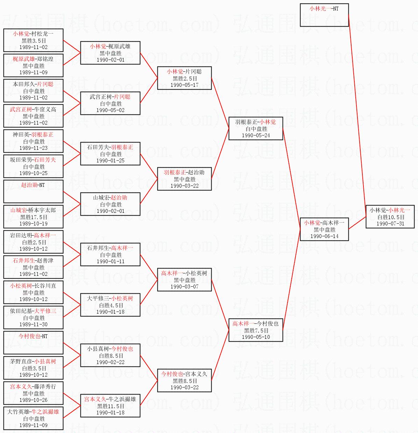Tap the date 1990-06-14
click(x=324, y=236)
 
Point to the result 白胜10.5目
click(x=391, y=217)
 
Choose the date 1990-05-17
click(x=184, y=85)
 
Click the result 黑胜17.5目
click(x=34, y=217)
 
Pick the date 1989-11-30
click(x=33, y=324)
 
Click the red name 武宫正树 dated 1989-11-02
click(x=21, y=109)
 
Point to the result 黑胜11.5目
click(x=111, y=406)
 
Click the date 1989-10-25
click(x=33, y=173)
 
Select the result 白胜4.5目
click(x=111, y=305)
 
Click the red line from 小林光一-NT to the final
click(x=357, y=110)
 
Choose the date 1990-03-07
click(x=184, y=287)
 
